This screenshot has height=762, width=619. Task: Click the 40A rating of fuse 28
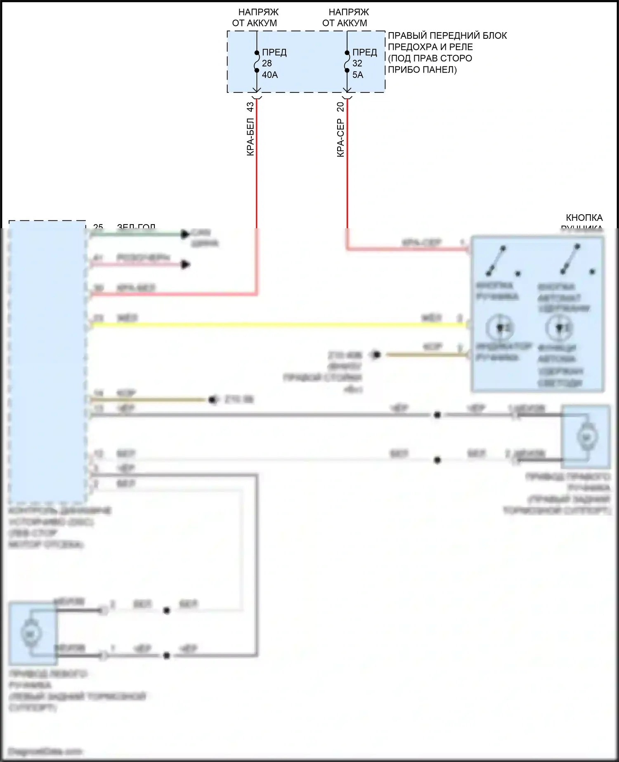coord(270,75)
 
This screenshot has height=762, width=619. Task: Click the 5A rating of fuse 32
coord(358,75)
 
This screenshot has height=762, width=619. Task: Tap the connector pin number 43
coord(250,107)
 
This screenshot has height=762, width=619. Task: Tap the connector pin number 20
coord(340,107)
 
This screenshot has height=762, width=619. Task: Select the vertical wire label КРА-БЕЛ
coord(250,137)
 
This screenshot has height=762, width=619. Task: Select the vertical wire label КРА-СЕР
coord(340,138)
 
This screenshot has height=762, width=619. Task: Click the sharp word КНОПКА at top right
coord(584,218)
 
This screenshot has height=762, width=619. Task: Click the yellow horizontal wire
coord(276,325)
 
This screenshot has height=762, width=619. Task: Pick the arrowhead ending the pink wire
coord(186,264)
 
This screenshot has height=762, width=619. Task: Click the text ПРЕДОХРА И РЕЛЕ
coord(430,47)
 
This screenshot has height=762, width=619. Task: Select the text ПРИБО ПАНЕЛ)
coord(422,70)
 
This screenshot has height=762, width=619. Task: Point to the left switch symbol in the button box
coord(496,261)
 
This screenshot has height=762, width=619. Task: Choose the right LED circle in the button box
coord(559,327)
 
